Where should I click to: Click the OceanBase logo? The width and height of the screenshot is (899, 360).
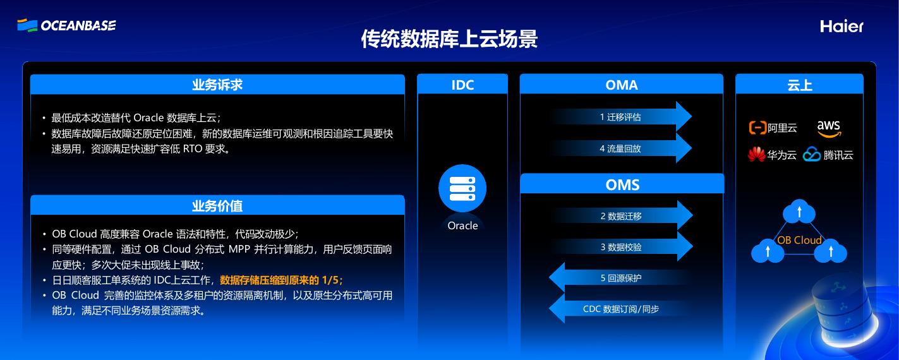coord(66,25)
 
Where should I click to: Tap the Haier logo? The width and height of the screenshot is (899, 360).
coord(842,26)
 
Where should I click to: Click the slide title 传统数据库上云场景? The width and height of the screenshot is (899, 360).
coord(449,39)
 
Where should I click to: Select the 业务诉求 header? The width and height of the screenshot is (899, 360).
coord(217,85)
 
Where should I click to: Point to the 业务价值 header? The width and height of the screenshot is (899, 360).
coord(217,206)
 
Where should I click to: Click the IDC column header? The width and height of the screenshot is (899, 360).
coord(462,85)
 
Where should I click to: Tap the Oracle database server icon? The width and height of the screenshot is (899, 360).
coord(462,188)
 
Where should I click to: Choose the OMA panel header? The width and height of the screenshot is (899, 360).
coord(622,85)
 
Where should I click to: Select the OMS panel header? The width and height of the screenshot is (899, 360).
coord(622,184)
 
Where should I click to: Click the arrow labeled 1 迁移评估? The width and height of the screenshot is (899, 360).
coord(621,117)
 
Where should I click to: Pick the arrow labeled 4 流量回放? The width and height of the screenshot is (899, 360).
coord(621,148)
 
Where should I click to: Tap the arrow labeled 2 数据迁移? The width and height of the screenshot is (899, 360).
coord(621,216)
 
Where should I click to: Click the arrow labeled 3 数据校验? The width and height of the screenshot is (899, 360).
coord(621,247)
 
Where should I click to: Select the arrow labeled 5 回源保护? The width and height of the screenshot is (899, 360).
coord(621,278)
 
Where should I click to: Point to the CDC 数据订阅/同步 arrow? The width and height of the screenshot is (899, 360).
coord(621,309)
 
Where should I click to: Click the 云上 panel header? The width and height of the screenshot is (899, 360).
coord(799,85)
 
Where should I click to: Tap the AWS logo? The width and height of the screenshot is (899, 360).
coord(829,128)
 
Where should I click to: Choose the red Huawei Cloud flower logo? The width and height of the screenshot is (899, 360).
coord(756,155)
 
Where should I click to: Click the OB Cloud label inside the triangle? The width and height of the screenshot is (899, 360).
coord(799,240)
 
